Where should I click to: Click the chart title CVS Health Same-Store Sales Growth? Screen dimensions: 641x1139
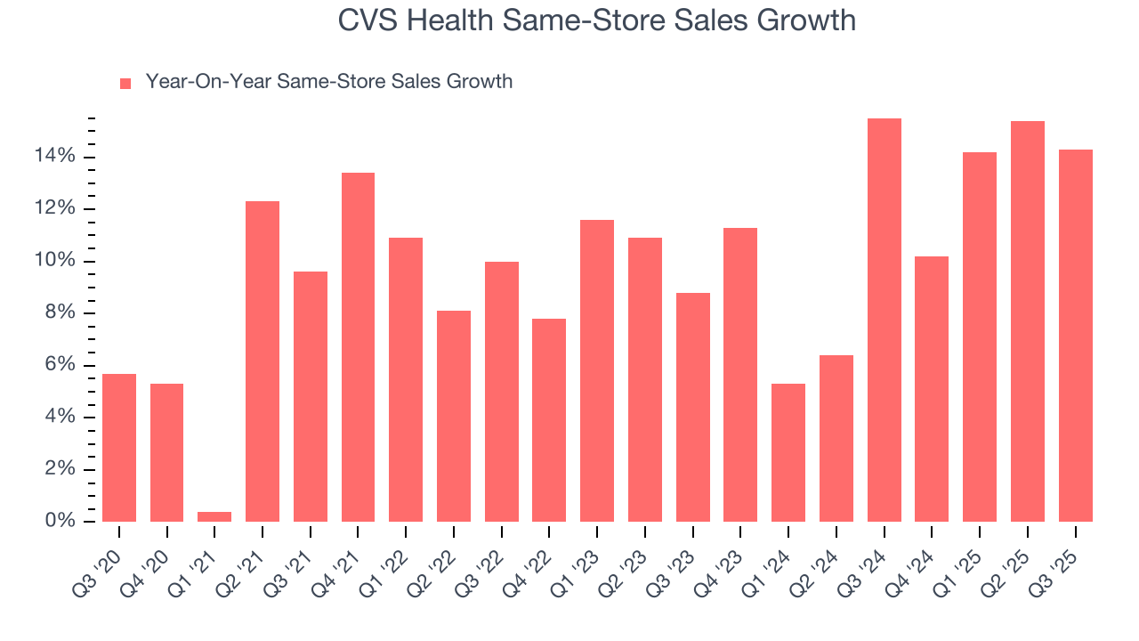[x=596, y=20]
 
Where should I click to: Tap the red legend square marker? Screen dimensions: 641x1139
[x=125, y=83]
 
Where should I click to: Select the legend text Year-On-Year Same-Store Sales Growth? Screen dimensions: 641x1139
[x=328, y=82]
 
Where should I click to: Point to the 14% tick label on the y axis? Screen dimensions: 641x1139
[x=55, y=157]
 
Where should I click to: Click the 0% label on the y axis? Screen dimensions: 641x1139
[x=61, y=521]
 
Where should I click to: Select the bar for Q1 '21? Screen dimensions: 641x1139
[x=214, y=516]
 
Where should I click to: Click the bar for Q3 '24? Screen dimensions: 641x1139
[x=884, y=320]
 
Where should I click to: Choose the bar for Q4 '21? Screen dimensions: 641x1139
[x=358, y=347]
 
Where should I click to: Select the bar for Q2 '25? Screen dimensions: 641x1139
[x=1027, y=321]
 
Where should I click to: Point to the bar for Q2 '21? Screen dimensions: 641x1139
[x=263, y=361]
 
